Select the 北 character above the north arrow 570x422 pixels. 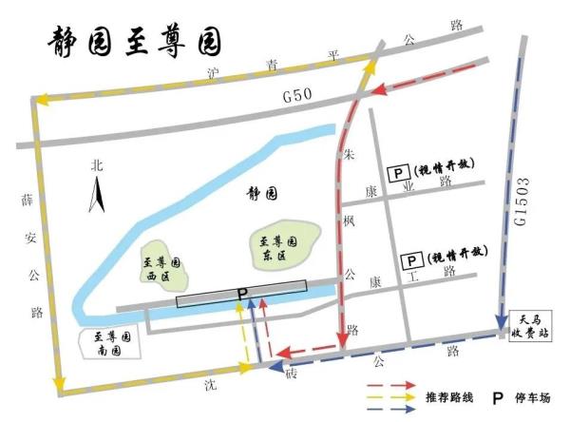coord(94,164)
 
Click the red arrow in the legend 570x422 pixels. coord(391,387)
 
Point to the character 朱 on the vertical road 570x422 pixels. coord(349,152)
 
